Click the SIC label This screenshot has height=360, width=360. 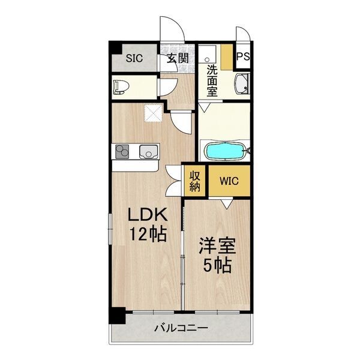[134, 58]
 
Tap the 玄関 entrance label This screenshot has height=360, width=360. [178, 58]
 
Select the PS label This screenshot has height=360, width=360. [243, 56]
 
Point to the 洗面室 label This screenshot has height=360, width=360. [212, 80]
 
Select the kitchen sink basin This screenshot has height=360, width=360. [149, 152]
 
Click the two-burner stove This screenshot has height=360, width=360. [122, 152]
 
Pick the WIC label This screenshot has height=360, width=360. [229, 181]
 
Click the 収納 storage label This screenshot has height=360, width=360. [194, 182]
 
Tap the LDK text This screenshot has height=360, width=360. [148, 214]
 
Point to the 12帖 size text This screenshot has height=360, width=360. [148, 234]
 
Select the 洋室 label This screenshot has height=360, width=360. [217, 246]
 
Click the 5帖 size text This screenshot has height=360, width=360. [217, 265]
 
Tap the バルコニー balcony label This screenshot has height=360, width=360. [181, 328]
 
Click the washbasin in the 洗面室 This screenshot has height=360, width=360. [242, 84]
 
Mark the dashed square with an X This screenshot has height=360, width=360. [154, 113]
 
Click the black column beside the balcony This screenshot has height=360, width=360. [117, 316]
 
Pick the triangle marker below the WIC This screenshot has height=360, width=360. [227, 204]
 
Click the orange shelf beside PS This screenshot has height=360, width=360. [227, 58]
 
